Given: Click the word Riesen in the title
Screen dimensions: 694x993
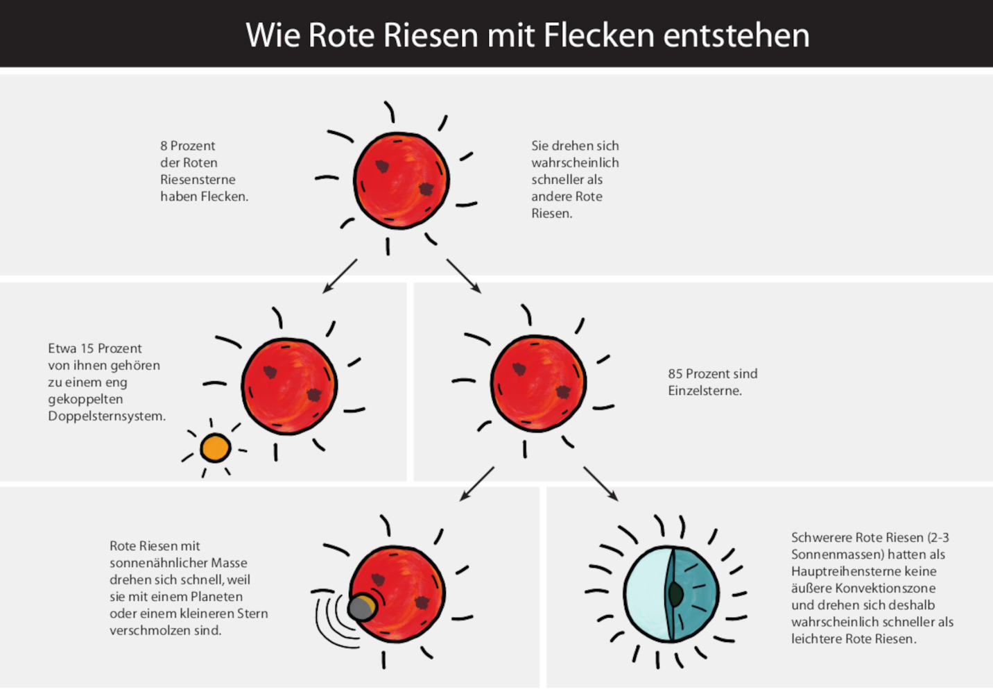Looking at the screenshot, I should point(431,35).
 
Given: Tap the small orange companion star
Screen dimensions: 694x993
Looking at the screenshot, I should point(215,448).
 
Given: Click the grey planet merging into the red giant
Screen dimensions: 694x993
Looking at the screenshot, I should point(361,607).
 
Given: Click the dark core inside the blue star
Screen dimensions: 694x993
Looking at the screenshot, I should point(675,594).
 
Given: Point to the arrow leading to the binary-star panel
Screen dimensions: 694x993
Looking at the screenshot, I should point(340,276).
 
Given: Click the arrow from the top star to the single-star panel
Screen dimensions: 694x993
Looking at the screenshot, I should point(463,276).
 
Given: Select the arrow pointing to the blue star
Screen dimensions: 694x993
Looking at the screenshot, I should point(600,483).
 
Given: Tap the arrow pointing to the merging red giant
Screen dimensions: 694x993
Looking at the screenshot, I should point(477,483).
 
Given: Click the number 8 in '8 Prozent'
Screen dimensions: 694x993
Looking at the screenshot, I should point(164,146).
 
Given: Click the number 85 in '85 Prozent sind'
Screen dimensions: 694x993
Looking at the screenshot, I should point(675,373).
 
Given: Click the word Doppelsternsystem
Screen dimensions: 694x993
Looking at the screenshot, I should point(107,416).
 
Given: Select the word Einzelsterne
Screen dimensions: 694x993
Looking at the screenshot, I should point(705,391).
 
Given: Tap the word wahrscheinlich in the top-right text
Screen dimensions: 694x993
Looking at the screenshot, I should point(575,163).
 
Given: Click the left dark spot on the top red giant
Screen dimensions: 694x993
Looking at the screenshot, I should point(382,166).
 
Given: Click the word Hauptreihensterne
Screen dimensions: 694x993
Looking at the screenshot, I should point(863,571).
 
